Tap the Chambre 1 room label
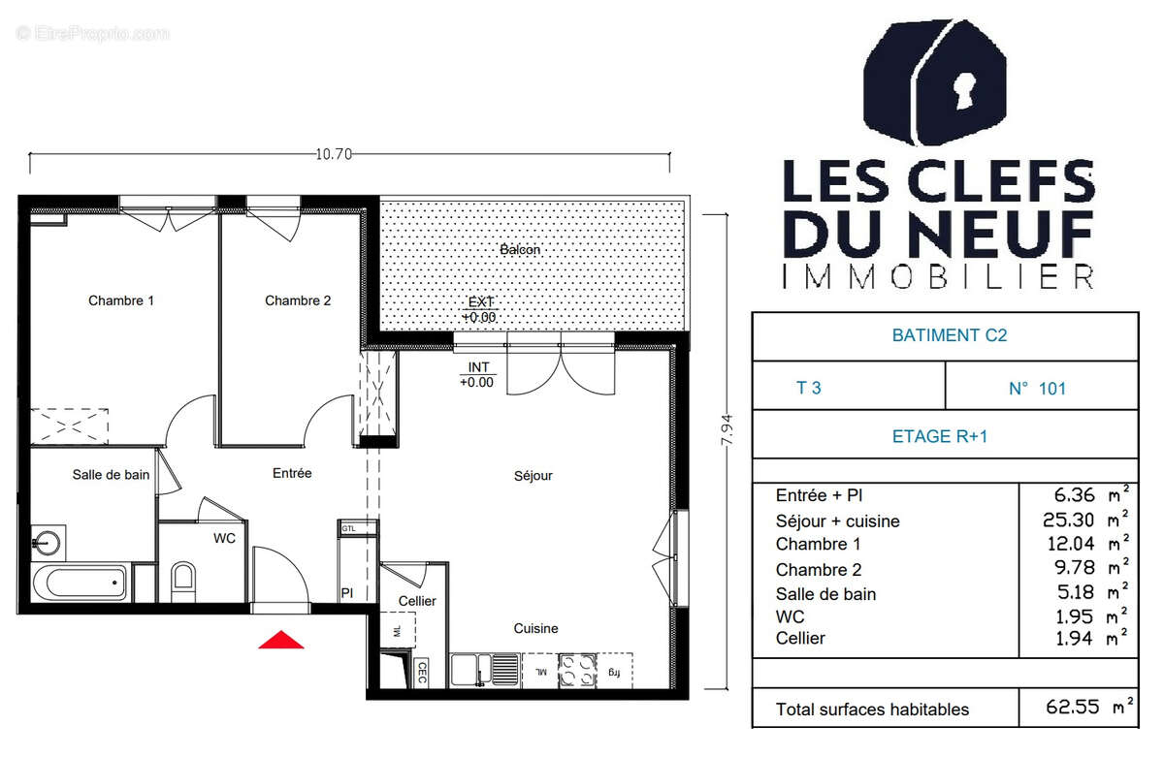[121, 300]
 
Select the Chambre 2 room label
[298, 300]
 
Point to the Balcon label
[520, 250]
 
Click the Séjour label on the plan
[533, 476]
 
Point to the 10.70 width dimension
[333, 153]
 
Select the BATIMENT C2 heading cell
[945, 335]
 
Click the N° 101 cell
[1037, 389]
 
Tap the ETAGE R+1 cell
[945, 436]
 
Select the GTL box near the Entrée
[348, 528]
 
